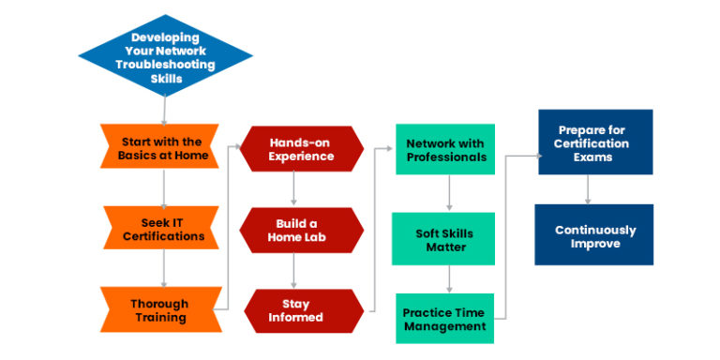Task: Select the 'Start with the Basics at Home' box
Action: coord(161,147)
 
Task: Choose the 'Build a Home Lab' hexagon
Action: coord(299,230)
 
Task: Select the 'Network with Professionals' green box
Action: coord(445,149)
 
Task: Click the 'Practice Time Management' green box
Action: coord(445,319)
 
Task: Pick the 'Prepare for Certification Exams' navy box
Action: coord(595,142)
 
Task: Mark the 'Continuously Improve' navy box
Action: coord(595,236)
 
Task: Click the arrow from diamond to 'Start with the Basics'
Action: coord(164,109)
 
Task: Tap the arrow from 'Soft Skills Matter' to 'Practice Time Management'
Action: coord(448,279)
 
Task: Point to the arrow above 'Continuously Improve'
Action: coord(588,190)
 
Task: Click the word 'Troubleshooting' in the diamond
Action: coord(165,65)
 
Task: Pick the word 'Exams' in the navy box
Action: coord(595,157)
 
